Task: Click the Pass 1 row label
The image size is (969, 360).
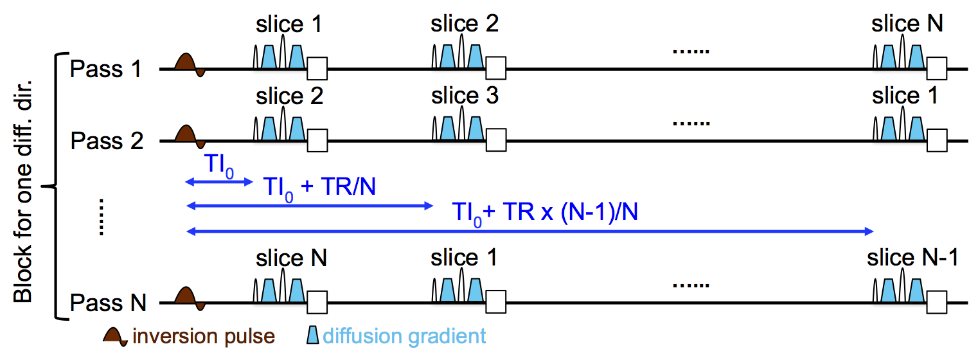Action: pos(107,69)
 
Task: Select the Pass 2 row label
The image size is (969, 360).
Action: pos(107,141)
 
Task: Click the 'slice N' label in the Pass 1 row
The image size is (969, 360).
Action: pos(907,24)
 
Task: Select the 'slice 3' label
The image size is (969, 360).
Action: pos(465,96)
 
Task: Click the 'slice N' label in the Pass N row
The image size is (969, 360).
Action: pos(291,258)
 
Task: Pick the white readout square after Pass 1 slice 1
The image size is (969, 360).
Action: pos(317,67)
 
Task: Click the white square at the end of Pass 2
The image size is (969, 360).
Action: pos(938,139)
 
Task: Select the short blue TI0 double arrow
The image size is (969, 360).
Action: pos(219,183)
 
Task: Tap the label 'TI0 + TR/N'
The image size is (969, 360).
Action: pos(319,188)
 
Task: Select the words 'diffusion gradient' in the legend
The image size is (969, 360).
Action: pos(404,336)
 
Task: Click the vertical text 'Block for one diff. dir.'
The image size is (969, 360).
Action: pos(23,187)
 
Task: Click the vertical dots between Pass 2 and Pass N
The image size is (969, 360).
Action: pos(102,218)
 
